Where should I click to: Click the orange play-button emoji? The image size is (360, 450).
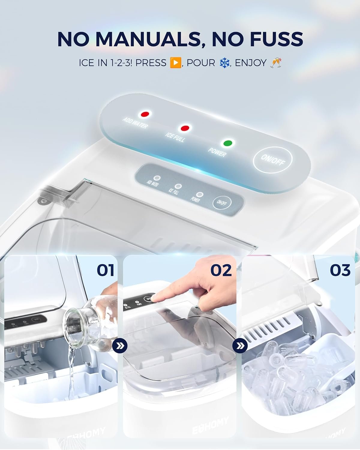[x=175, y=63]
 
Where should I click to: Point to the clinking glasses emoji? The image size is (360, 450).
[x=275, y=63]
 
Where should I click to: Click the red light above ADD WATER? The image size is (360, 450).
[x=145, y=114]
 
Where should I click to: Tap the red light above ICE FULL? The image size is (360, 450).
[x=184, y=128]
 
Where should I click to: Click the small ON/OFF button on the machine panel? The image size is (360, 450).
[x=222, y=203]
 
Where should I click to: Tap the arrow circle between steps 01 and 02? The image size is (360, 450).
[x=120, y=346]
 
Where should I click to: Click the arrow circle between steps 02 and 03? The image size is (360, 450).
[x=240, y=346]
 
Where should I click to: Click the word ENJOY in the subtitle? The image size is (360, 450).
[x=251, y=63]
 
